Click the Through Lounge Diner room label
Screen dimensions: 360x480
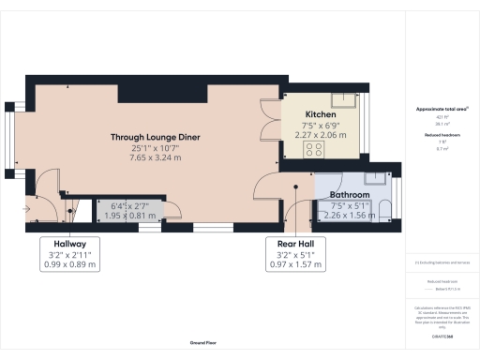[x=156, y=137]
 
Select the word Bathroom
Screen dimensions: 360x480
[x=349, y=195]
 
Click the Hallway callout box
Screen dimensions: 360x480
[x=69, y=253]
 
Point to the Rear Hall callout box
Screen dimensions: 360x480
[x=294, y=253]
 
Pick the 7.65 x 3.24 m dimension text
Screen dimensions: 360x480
[x=156, y=157]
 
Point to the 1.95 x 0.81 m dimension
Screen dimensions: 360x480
[x=130, y=216]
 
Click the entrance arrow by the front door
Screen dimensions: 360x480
[x=28, y=209]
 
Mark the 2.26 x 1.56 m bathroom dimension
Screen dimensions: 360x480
[x=349, y=213]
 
